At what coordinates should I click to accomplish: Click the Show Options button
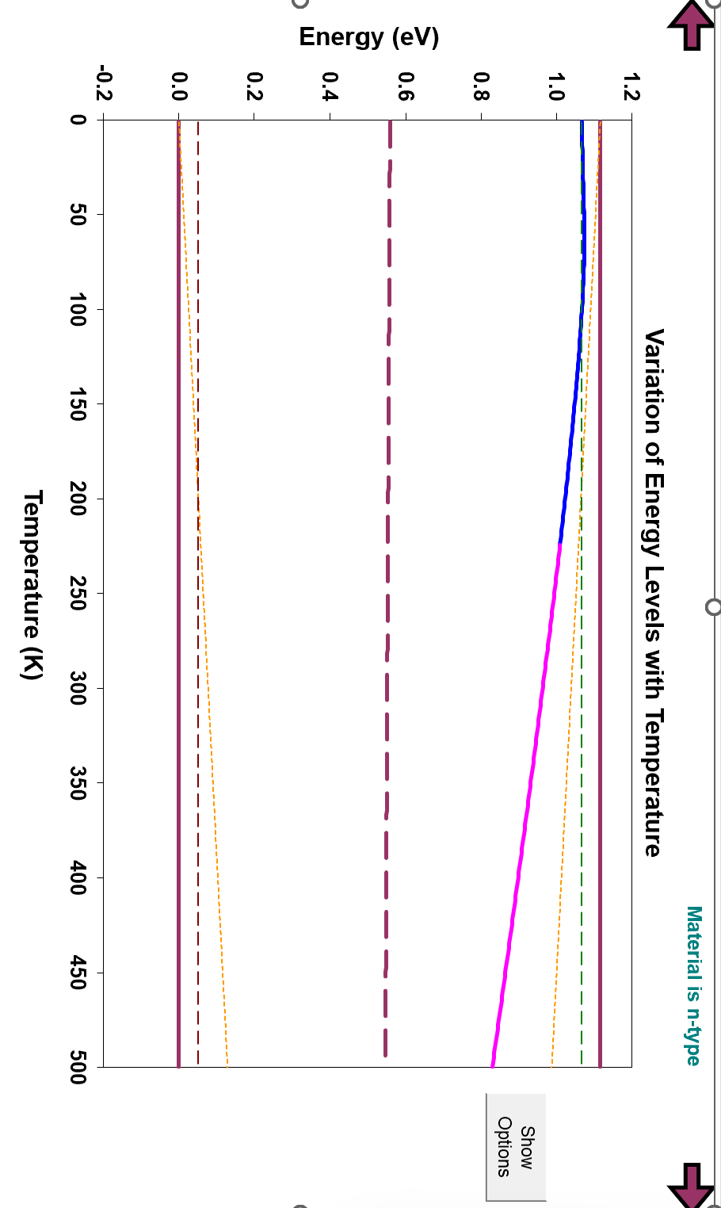(x=516, y=1146)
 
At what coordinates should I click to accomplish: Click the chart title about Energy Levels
(x=652, y=593)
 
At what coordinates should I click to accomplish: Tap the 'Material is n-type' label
(x=693, y=985)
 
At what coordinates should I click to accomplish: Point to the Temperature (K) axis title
(x=32, y=584)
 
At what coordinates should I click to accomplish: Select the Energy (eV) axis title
(x=368, y=37)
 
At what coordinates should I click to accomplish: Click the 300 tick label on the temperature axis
(x=78, y=688)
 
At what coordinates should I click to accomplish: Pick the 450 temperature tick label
(x=78, y=973)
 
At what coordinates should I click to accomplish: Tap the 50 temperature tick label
(x=78, y=214)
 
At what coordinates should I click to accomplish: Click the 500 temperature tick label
(x=78, y=1067)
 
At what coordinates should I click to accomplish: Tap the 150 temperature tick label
(x=78, y=403)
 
